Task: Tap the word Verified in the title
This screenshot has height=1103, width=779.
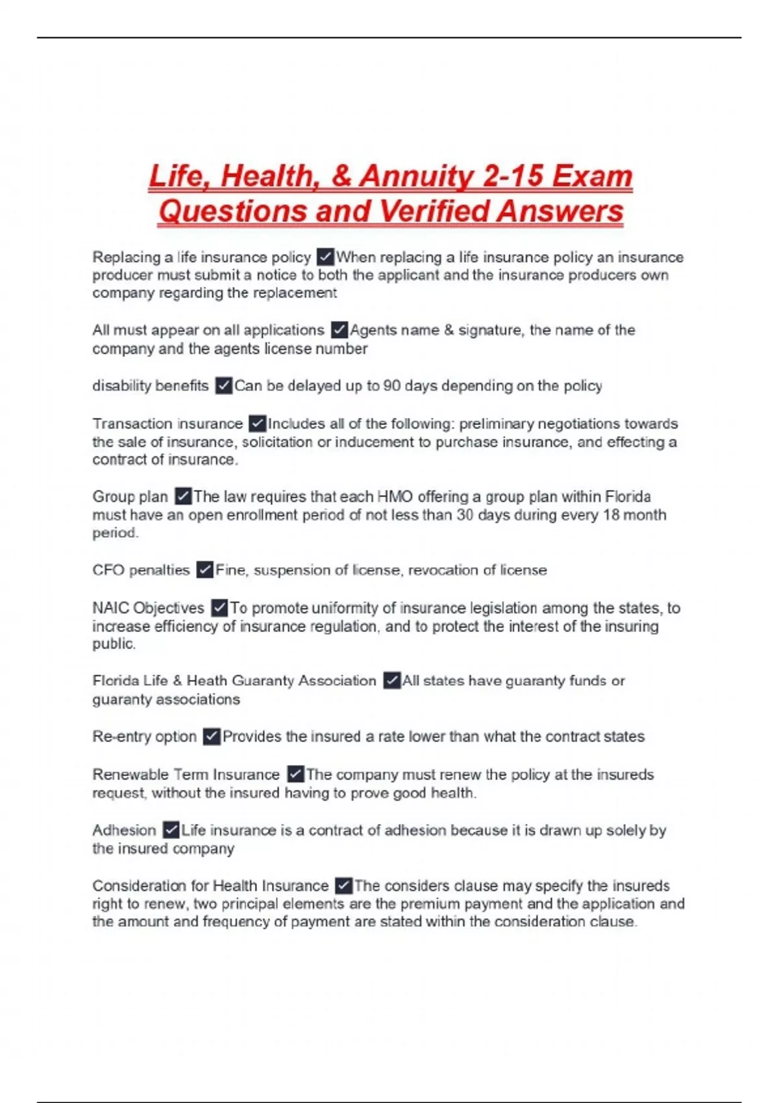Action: [434, 212]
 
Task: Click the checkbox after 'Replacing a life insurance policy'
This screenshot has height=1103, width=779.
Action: [325, 257]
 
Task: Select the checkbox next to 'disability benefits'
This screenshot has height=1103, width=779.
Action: [223, 385]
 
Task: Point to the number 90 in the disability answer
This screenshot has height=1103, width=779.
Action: [391, 386]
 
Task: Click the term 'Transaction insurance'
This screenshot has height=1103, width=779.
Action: [167, 424]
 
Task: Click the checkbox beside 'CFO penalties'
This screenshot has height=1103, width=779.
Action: [204, 570]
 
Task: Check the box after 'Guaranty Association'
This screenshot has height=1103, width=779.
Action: [391, 681]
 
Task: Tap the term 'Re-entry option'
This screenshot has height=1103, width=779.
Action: [144, 736]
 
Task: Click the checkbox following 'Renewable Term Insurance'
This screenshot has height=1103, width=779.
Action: [295, 774]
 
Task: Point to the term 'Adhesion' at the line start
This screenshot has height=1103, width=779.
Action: [124, 830]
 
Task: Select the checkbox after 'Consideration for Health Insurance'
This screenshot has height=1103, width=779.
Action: [343, 886]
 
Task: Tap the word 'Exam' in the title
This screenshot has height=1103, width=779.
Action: [592, 176]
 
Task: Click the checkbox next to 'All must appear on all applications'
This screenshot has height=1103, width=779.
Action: [339, 330]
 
